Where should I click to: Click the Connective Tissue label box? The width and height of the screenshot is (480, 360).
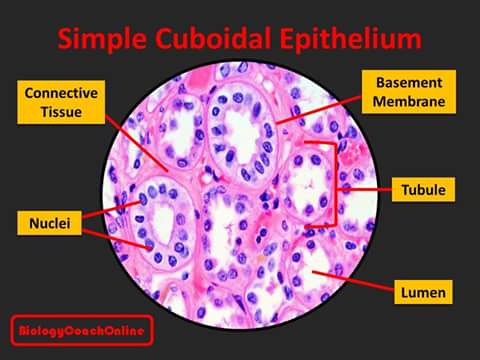pos(61,101)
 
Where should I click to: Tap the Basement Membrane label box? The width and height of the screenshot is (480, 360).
pos(409,91)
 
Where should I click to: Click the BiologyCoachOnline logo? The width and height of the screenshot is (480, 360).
pos(81,330)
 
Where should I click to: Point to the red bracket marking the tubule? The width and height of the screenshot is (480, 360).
pos(329,185)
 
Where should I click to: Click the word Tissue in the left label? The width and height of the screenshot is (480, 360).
pos(61,111)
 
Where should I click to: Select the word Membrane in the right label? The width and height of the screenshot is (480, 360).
pos(409,101)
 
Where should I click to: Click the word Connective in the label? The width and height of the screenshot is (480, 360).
pos(61,92)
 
